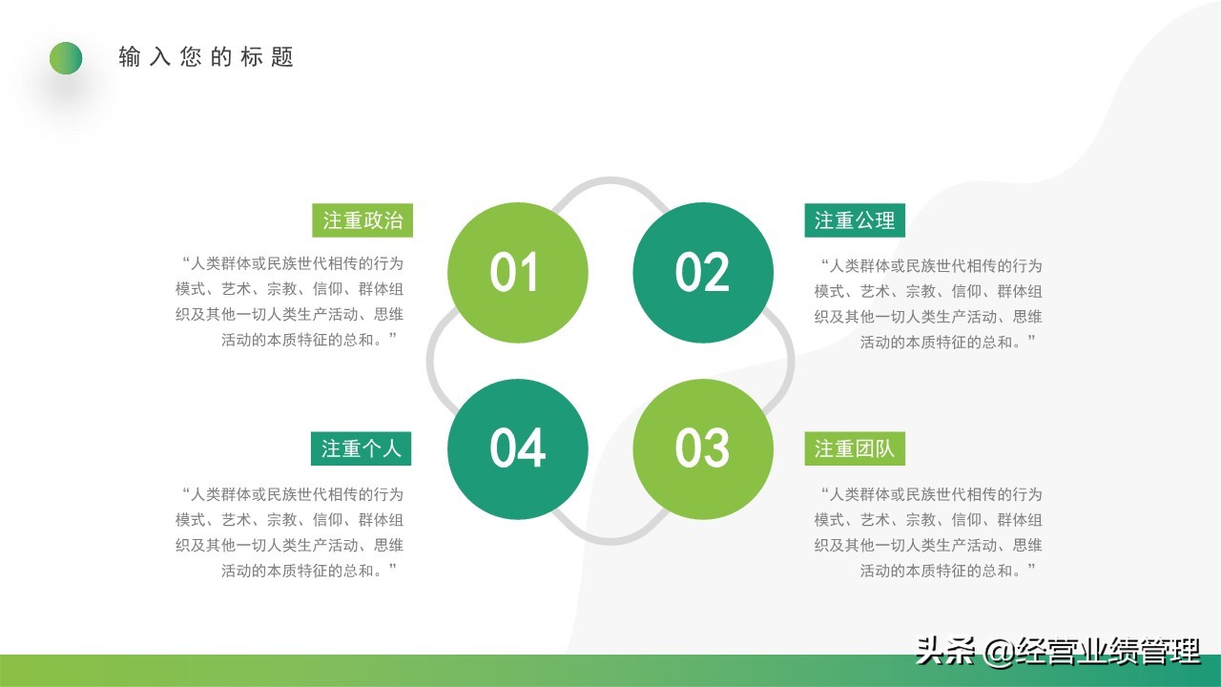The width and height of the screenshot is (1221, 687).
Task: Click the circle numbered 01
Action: click(517, 273)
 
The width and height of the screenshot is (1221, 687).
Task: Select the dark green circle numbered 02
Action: click(703, 273)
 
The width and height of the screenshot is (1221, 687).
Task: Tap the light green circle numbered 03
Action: click(703, 448)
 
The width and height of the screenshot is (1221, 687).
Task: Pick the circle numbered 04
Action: click(517, 448)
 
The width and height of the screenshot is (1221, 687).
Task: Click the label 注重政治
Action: click(362, 220)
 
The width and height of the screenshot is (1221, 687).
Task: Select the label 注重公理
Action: click(855, 220)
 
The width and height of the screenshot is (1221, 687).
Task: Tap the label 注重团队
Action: click(855, 448)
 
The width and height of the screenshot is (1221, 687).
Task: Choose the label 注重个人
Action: click(361, 448)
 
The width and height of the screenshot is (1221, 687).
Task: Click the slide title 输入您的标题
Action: click(206, 57)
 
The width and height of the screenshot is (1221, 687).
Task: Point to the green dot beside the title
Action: click(66, 58)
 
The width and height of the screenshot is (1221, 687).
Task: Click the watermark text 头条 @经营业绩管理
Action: click(1057, 652)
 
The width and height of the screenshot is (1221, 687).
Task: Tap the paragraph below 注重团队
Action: click(929, 532)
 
